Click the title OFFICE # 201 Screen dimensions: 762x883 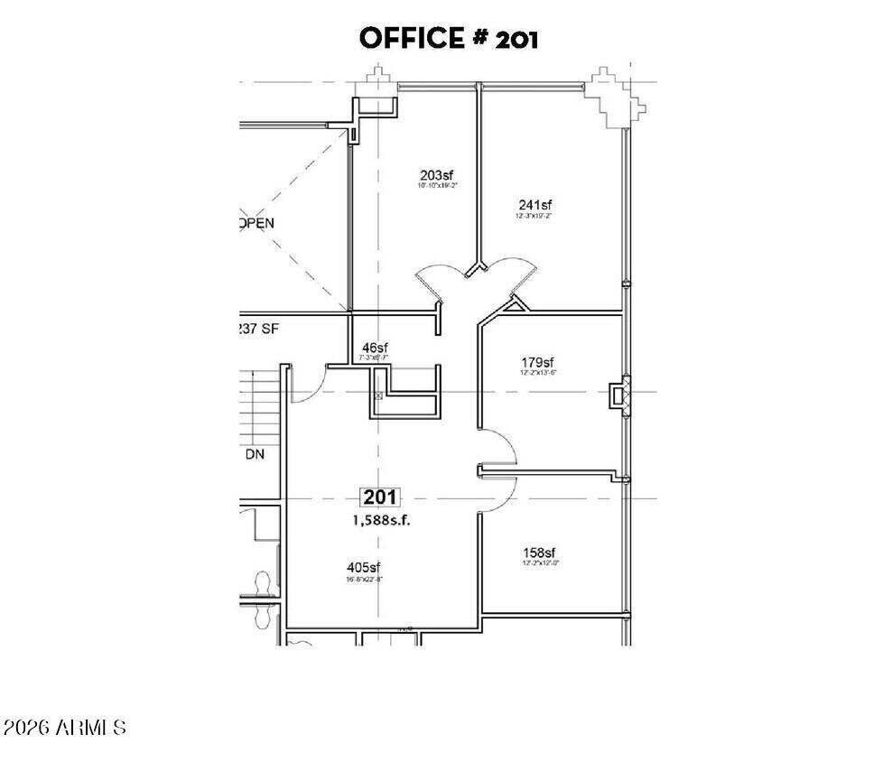click(449, 38)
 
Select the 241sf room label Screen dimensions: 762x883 click(534, 205)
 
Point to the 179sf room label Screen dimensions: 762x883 click(536, 363)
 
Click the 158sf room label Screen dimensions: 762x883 click(538, 553)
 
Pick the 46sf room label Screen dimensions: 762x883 click(375, 348)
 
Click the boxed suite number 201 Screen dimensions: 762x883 click(381, 497)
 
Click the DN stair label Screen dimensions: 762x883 click(255, 455)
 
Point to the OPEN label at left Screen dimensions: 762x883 click(257, 223)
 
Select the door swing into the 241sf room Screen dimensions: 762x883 click(508, 269)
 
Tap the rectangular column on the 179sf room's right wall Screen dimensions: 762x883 click(619, 395)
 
